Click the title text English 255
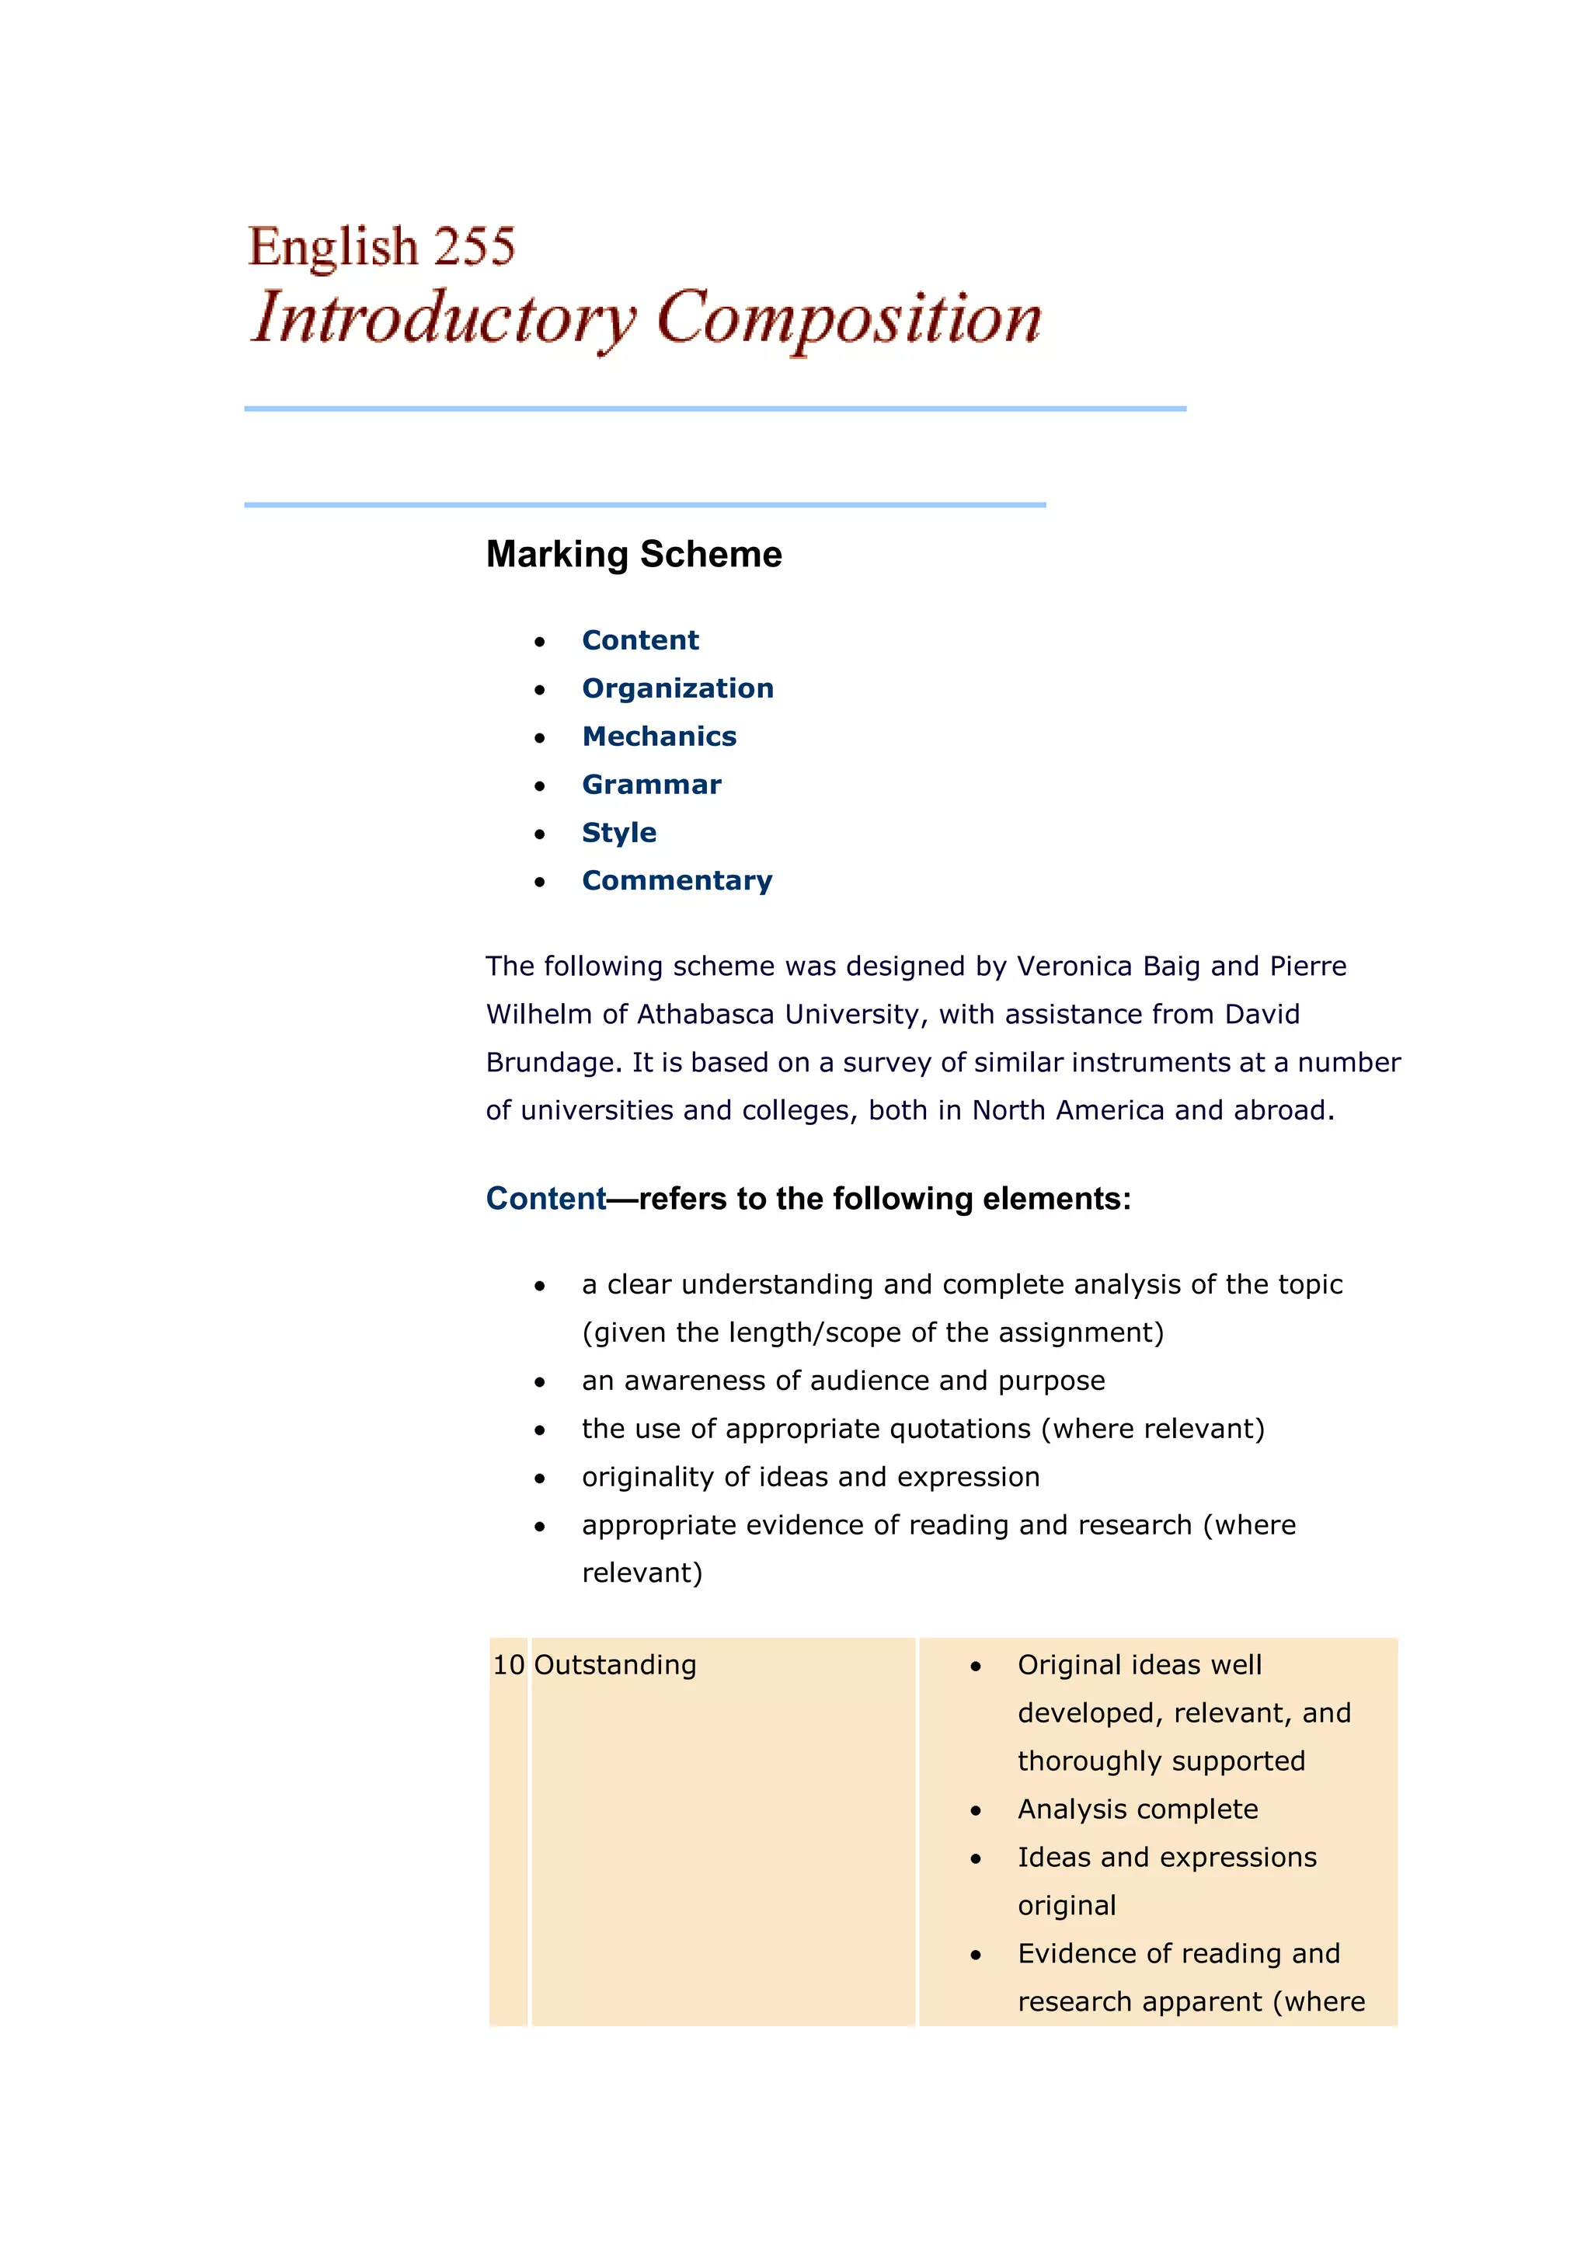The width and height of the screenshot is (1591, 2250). pos(381,246)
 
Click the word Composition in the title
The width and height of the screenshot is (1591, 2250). pos(848,319)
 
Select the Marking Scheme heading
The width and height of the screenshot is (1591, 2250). pos(634,555)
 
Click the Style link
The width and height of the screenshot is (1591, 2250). pos(618,832)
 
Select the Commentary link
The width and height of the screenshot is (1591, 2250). pos(676,880)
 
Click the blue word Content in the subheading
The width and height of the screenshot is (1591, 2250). pos(545,1199)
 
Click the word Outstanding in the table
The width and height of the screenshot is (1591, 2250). pos(615,1665)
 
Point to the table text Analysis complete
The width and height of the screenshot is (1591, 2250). pos(1137,1809)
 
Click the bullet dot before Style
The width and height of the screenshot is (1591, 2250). pos(540,834)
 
